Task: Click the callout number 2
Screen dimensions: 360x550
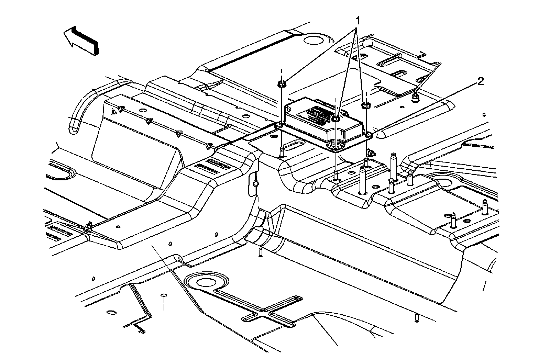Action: point(480,81)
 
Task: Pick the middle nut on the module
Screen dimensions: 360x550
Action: point(336,119)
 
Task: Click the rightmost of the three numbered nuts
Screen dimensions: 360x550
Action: point(366,105)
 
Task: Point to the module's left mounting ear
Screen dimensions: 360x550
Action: point(280,125)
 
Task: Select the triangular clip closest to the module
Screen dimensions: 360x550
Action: point(208,147)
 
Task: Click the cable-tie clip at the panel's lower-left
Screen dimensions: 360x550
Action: point(88,227)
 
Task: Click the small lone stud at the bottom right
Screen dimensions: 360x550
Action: point(417,318)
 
